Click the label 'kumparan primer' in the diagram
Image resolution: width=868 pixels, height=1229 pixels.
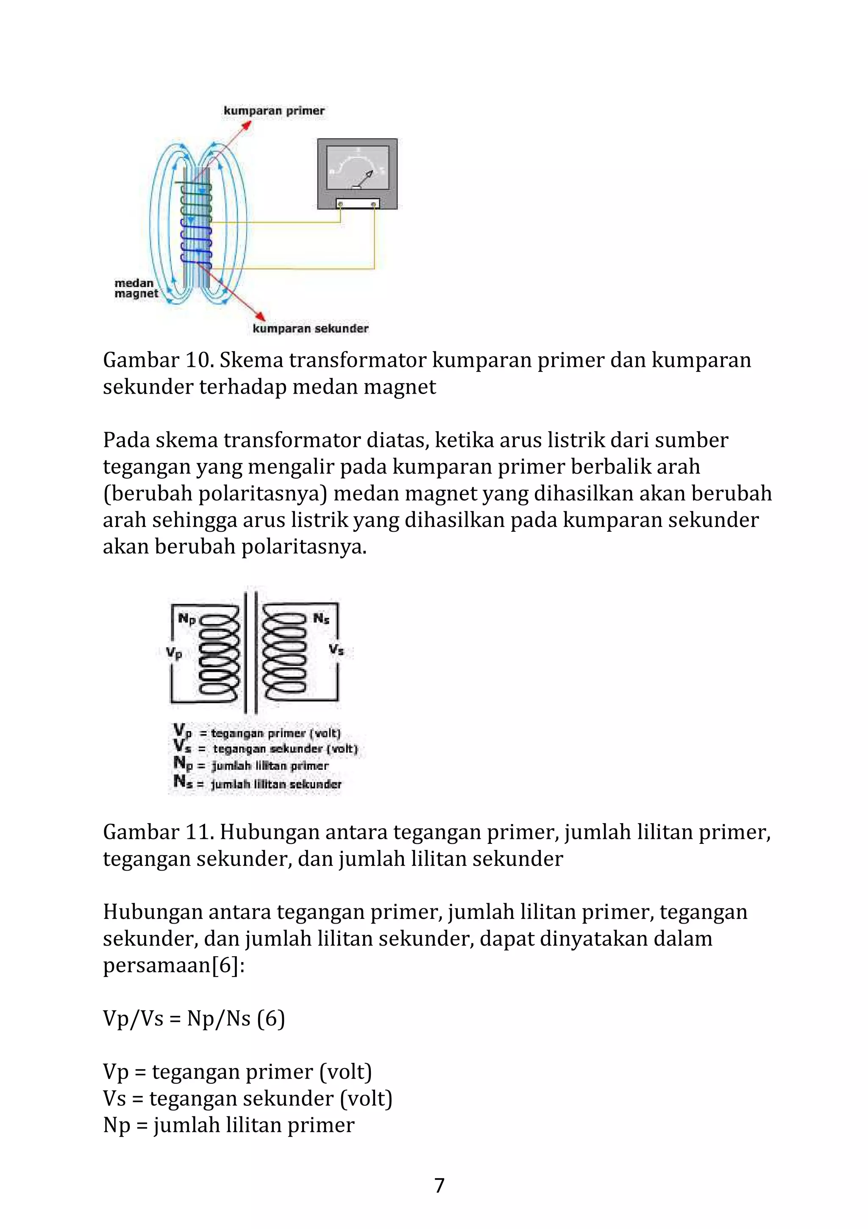[x=274, y=111]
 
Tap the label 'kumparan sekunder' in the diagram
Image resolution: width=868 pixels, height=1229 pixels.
[x=311, y=328]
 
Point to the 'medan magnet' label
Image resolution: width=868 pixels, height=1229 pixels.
[x=136, y=288]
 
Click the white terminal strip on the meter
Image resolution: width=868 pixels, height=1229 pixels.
[x=357, y=203]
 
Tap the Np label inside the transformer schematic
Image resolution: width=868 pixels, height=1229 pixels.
[x=187, y=619]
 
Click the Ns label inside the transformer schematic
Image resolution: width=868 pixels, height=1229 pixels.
[x=321, y=619]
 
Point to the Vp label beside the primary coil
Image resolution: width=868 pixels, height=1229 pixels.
[x=174, y=653]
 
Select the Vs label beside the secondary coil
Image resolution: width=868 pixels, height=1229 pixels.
[x=336, y=650]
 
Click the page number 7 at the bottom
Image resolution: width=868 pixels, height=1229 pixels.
[x=439, y=1186]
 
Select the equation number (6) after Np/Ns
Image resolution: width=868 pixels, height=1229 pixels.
[x=270, y=1018]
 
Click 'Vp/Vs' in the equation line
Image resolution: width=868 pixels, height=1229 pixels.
[x=133, y=1018]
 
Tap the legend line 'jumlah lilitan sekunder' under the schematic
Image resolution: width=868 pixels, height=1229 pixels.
[x=276, y=784]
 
